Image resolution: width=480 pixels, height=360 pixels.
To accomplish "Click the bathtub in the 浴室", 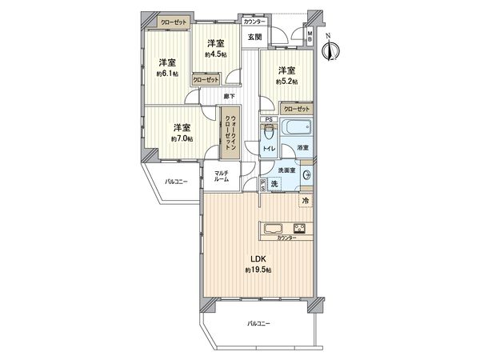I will pos(283,129).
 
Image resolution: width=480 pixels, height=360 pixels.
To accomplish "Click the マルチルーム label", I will pos(222,177).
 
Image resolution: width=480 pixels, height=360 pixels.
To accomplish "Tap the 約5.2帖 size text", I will pos(286,82).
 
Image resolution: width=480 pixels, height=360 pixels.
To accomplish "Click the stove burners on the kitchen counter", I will pos(302,226).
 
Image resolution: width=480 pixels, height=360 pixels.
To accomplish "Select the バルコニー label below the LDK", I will pos(258,324).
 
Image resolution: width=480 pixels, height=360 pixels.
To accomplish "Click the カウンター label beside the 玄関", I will pos(257,22).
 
